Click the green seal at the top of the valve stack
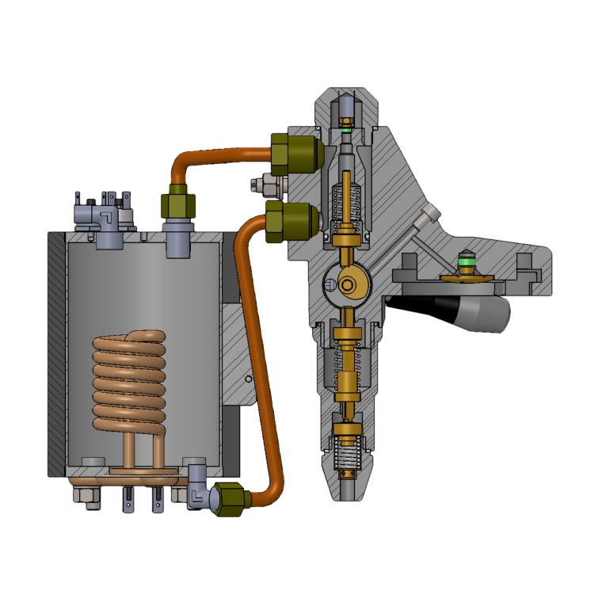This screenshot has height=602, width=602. (x=346, y=129)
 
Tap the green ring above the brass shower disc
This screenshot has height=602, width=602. (x=467, y=261)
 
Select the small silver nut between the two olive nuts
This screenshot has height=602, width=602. (x=265, y=186)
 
